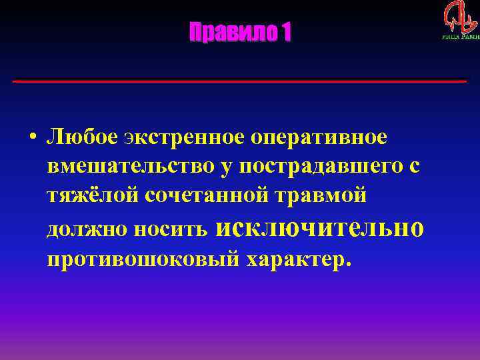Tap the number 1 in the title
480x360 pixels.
[x=286, y=32]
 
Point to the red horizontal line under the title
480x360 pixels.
[x=240, y=81]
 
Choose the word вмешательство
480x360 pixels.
[x=131, y=167]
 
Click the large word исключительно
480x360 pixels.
[x=320, y=227]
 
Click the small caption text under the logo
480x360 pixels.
[x=460, y=37]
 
